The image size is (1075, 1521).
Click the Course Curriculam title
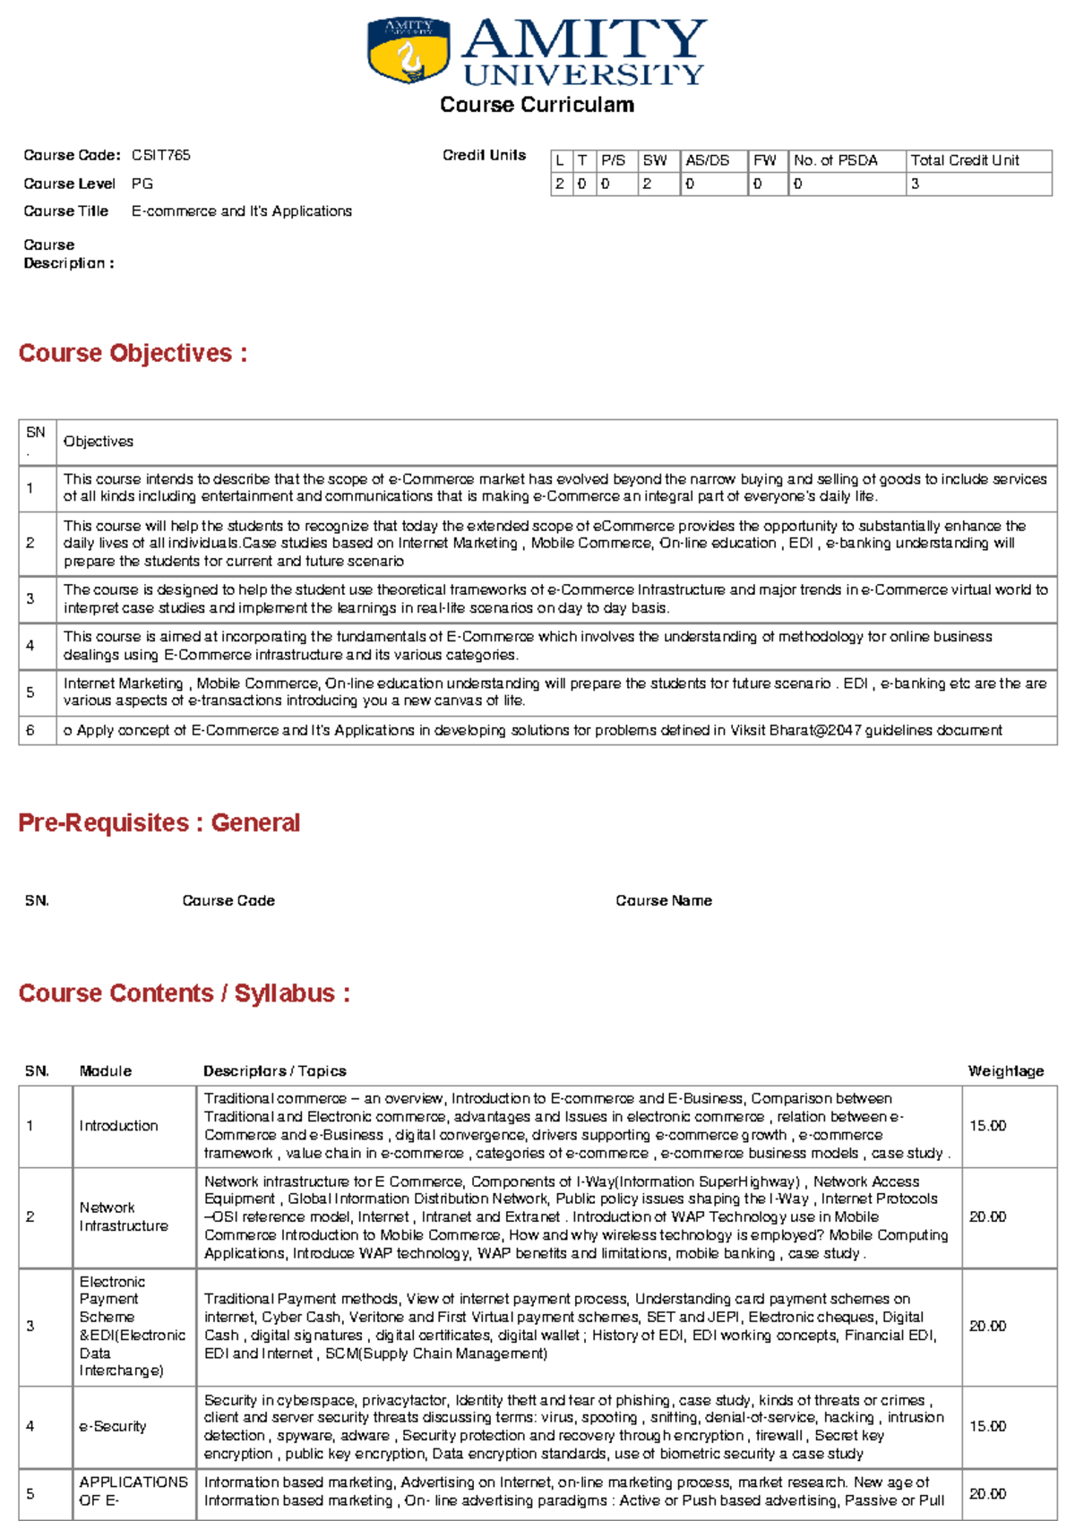(537, 105)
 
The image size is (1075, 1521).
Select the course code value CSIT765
(161, 155)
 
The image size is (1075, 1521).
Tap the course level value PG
(142, 184)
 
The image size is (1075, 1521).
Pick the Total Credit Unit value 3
(915, 184)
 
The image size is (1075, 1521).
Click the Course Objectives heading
(133, 353)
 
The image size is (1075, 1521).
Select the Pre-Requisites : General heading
(159, 822)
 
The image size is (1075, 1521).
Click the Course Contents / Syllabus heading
(184, 993)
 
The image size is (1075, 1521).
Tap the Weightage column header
(1006, 1070)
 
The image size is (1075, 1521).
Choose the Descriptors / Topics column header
(275, 1070)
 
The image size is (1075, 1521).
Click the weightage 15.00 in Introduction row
(987, 1125)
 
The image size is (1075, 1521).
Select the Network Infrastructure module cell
(124, 1216)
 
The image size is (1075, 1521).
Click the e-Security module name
(113, 1425)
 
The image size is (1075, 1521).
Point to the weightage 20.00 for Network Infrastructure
(987, 1216)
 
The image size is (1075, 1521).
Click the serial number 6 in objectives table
(30, 730)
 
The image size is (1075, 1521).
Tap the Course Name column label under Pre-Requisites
(664, 900)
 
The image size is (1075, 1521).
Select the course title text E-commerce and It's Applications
(242, 211)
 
